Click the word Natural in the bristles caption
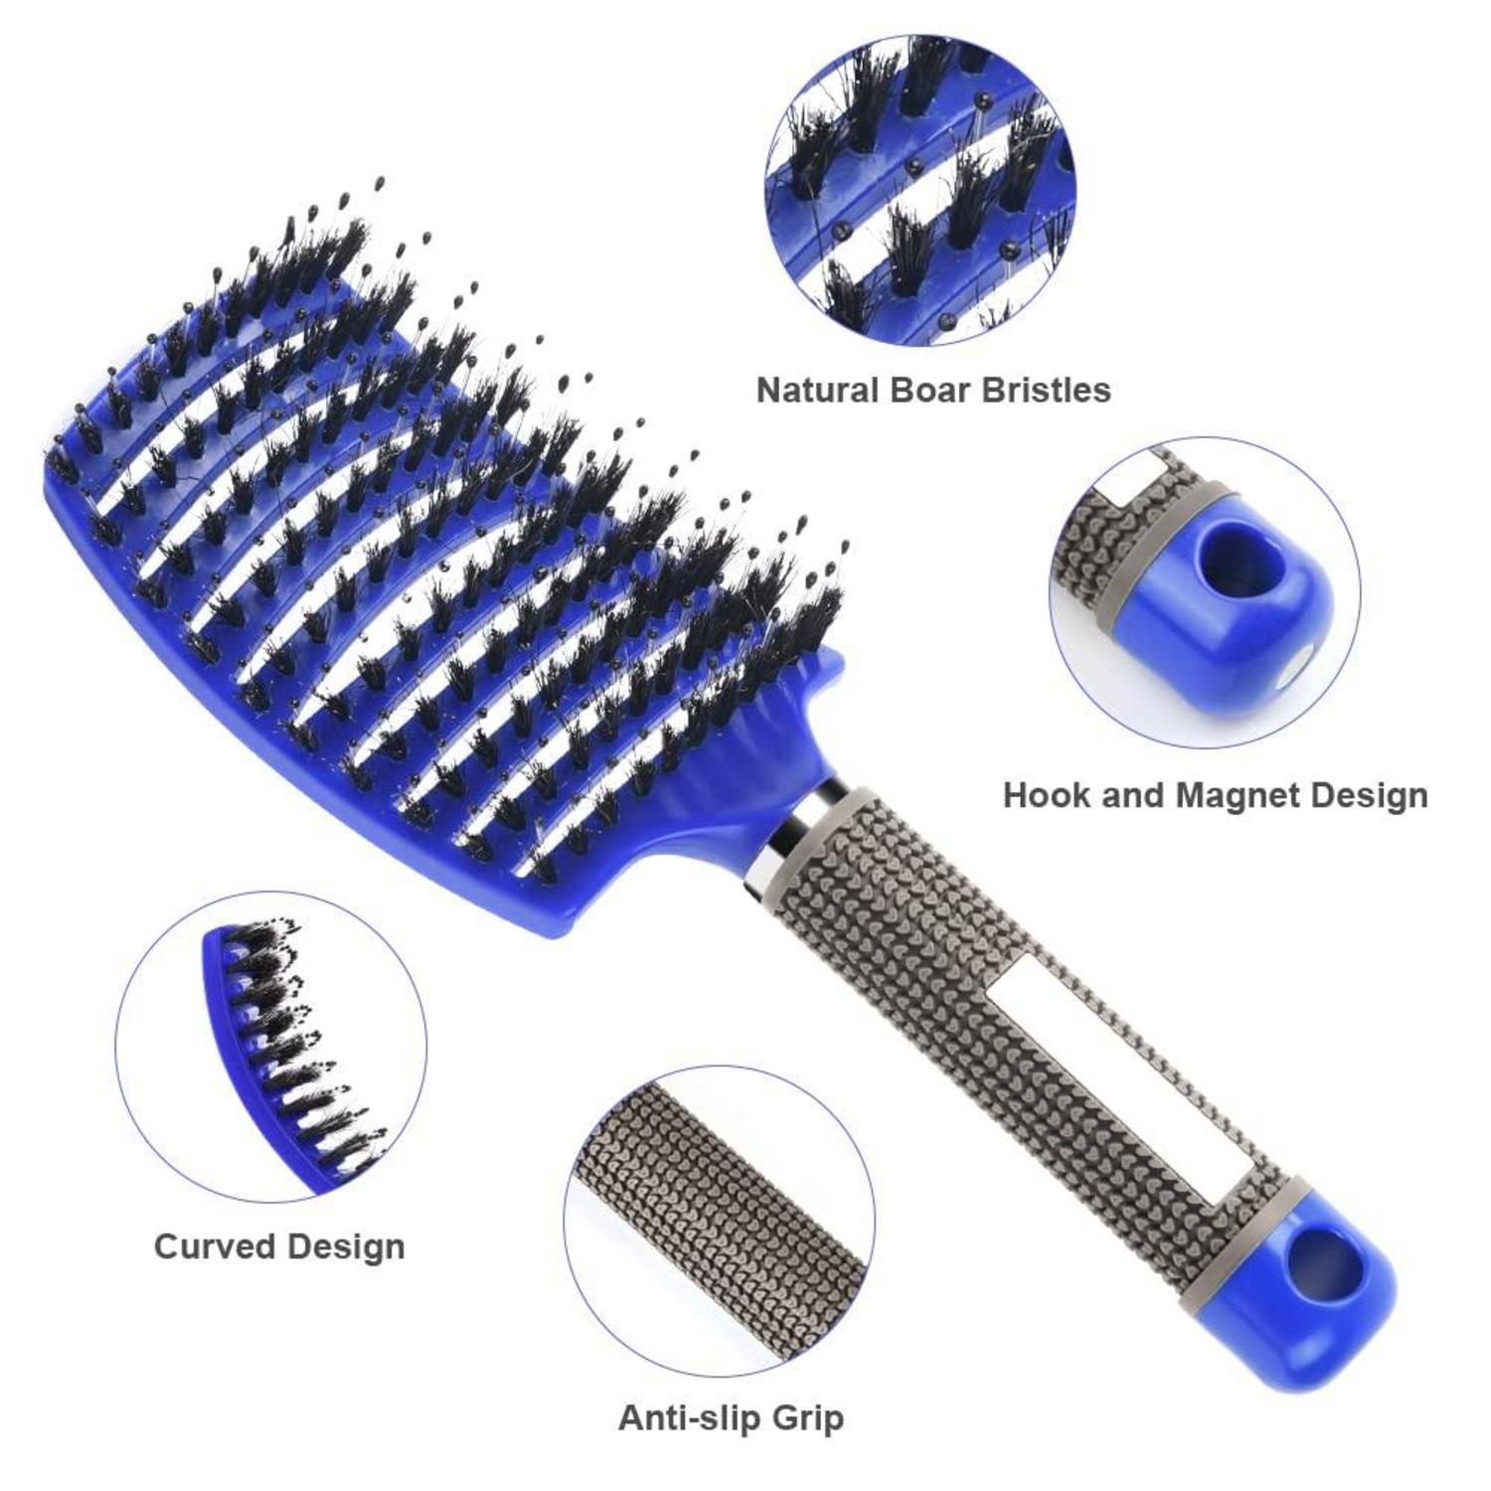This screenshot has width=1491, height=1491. [818, 390]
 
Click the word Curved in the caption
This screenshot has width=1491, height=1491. [209, 1246]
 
